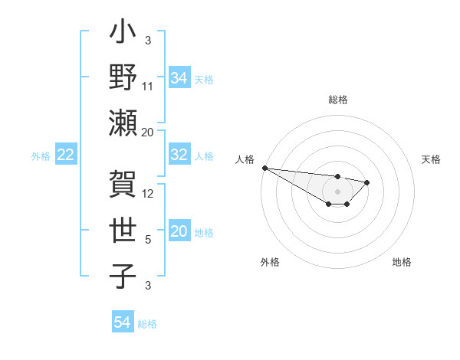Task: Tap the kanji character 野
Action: [123, 79]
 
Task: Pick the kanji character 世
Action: [123, 231]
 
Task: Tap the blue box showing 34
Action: [179, 77]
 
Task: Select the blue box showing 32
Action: [179, 155]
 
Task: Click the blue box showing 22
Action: [66, 155]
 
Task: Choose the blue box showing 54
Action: [122, 323]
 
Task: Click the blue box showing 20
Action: [179, 232]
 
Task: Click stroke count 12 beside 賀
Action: [148, 194]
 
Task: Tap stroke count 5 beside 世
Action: [148, 240]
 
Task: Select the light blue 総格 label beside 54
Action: [147, 324]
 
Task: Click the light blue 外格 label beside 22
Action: [41, 156]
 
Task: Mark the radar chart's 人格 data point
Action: [264, 168]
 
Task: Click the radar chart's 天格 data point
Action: [367, 182]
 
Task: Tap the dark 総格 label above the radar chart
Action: [337, 100]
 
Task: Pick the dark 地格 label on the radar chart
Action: [402, 262]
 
